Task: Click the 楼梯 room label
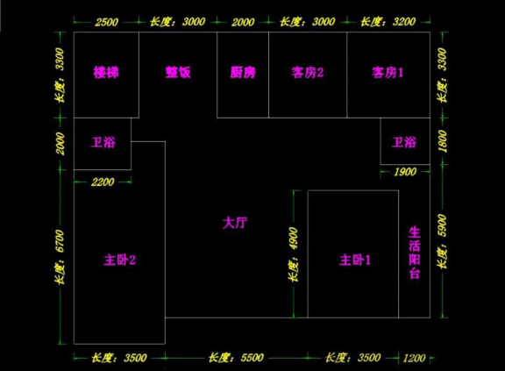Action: pyautogui.click(x=106, y=72)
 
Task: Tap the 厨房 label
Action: pyautogui.click(x=243, y=72)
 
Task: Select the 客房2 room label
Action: pyautogui.click(x=307, y=73)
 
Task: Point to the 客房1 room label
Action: pyautogui.click(x=388, y=73)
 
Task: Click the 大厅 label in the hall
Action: pyautogui.click(x=235, y=223)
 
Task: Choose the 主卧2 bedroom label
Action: pyautogui.click(x=120, y=260)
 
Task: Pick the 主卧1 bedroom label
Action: pyautogui.click(x=355, y=260)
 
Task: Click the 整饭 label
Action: pyautogui.click(x=178, y=72)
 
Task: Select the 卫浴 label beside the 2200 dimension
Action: pyautogui.click(x=103, y=142)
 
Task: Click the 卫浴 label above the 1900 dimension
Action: pyautogui.click(x=404, y=142)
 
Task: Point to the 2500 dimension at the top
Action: pyautogui.click(x=107, y=22)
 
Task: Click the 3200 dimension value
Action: pyautogui.click(x=404, y=22)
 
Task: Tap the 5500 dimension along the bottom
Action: pyautogui.click(x=252, y=358)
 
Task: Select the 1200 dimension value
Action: pyautogui.click(x=414, y=358)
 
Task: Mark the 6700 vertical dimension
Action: pyautogui.click(x=60, y=241)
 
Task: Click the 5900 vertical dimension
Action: pyautogui.click(x=443, y=225)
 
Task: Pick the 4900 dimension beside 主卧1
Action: pyautogui.click(x=294, y=239)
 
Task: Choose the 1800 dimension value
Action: pyautogui.click(x=443, y=141)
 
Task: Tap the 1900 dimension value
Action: pyautogui.click(x=405, y=172)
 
